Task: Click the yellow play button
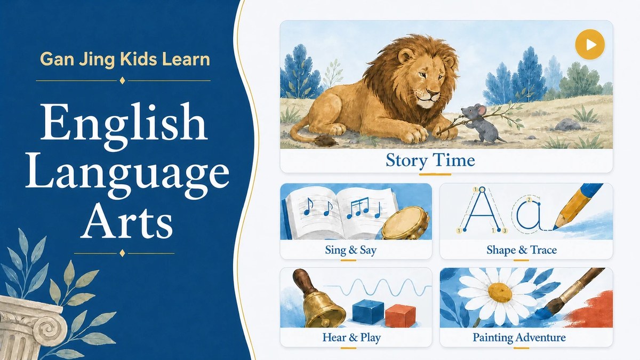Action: click(x=590, y=45)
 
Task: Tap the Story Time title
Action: click(x=430, y=161)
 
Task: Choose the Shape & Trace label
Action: click(x=522, y=250)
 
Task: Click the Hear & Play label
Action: click(x=351, y=338)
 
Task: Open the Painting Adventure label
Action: click(x=519, y=338)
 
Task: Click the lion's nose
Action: click(x=433, y=93)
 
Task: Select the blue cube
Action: click(x=368, y=311)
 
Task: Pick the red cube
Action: click(x=400, y=315)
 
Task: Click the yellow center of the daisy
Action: click(x=500, y=293)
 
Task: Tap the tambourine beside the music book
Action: click(x=406, y=223)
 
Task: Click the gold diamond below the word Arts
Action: click(x=122, y=253)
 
